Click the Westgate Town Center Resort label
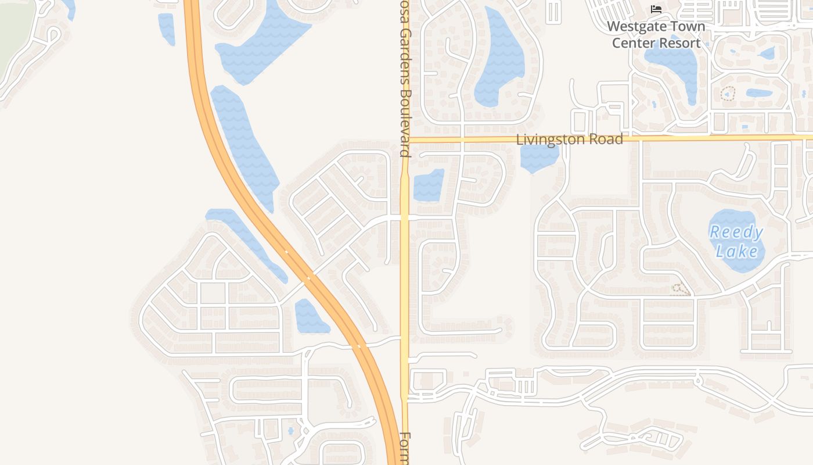pyautogui.click(x=656, y=34)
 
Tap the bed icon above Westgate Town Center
pyautogui.click(x=656, y=9)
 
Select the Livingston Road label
pyautogui.click(x=569, y=139)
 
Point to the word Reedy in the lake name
pyautogui.click(x=736, y=233)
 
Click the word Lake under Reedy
pyautogui.click(x=736, y=251)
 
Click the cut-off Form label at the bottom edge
pyautogui.click(x=405, y=449)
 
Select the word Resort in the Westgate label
pyautogui.click(x=678, y=43)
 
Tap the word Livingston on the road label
pyautogui.click(x=552, y=139)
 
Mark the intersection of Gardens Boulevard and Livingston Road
pyautogui.click(x=405, y=139)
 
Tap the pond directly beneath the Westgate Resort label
pyautogui.click(x=674, y=67)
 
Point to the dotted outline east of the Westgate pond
pyautogui.click(x=728, y=93)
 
